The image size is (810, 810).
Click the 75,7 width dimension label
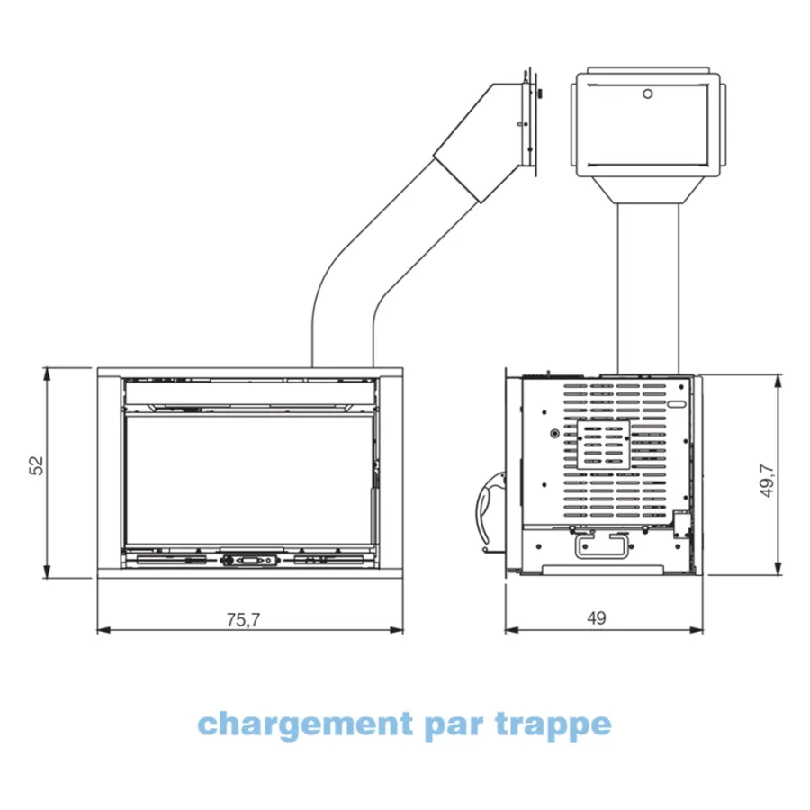point(243,619)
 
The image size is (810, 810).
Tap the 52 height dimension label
point(37,465)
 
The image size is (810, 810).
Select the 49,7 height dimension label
point(767,481)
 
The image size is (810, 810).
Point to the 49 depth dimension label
point(596,617)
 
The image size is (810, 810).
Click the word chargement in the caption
point(305,725)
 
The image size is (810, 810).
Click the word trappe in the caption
point(553,725)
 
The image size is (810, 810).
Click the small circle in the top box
point(647,94)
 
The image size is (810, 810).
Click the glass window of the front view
point(249,480)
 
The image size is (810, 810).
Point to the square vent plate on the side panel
point(603,445)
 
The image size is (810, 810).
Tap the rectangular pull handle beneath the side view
point(601,545)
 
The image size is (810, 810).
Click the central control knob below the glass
point(249,560)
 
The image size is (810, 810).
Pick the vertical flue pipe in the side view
point(648,288)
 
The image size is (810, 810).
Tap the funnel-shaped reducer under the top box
point(648,190)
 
